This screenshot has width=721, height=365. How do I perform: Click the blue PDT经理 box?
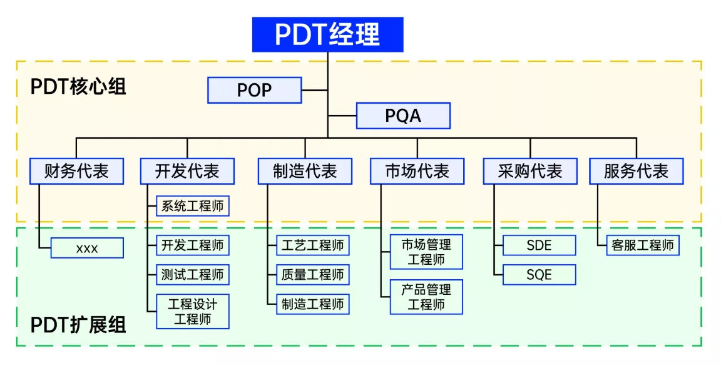[327, 34]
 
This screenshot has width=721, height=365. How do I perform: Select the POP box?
[255, 90]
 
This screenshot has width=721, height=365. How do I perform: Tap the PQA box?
[403, 116]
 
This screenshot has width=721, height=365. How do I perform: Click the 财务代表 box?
[76, 171]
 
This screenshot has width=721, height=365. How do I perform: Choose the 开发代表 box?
[187, 171]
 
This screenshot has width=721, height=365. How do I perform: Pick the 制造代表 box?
[305, 171]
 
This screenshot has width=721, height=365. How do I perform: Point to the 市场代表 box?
[417, 171]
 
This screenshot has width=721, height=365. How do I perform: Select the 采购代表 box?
[529, 171]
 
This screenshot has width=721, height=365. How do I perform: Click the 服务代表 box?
[636, 171]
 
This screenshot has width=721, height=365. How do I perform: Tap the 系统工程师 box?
[192, 206]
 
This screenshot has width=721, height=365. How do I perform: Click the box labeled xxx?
[87, 249]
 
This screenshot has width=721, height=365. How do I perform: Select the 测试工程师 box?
[192, 275]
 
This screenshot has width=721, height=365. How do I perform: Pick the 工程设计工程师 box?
[192, 312]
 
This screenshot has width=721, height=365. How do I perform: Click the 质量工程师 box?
[312, 275]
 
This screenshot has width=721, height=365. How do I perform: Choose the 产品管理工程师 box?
[426, 297]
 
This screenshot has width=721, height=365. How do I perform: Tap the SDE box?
[539, 245]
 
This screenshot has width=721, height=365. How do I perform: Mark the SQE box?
[539, 275]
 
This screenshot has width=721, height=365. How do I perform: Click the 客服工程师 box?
[643, 245]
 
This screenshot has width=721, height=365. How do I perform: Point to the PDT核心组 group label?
[78, 86]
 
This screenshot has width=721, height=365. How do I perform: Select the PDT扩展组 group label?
[78, 325]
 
